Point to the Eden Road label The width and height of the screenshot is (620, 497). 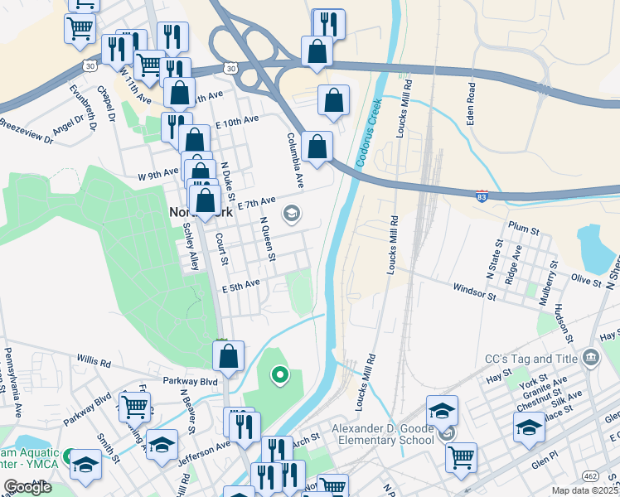click(x=470, y=104)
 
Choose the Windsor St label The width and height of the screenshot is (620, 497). click(x=474, y=291)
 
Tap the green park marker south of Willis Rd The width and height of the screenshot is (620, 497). click(x=280, y=376)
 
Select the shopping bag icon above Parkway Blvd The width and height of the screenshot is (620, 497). click(x=229, y=356)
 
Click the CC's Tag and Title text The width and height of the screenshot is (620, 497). click(x=530, y=359)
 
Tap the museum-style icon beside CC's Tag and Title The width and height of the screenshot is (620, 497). click(x=590, y=359)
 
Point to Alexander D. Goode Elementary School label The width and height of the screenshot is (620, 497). click(x=382, y=434)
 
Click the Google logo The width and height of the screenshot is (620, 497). click(x=27, y=487)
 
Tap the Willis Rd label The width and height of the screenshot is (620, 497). click(x=94, y=362)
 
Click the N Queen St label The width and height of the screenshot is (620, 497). click(x=267, y=239)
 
